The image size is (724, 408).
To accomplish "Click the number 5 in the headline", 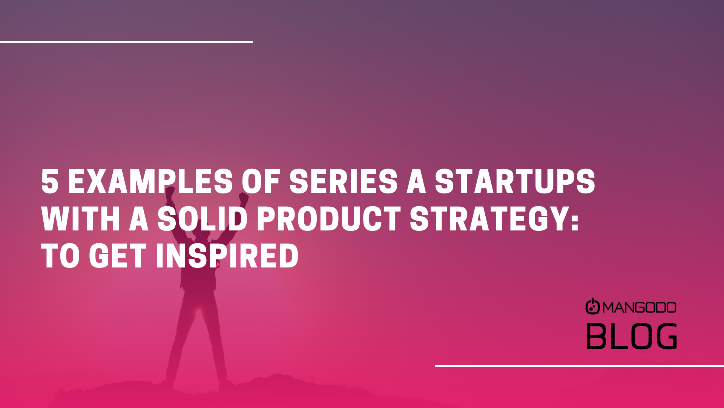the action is pos(50,182).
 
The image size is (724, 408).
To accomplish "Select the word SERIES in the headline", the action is pos(343,182).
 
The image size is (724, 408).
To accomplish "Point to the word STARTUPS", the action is pos(515,182).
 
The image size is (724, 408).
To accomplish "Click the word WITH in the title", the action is pos(81,219).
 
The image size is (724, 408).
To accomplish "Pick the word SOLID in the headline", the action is pos(202,219).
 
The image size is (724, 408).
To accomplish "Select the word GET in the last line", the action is pos(118,256).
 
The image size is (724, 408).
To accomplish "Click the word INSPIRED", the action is pos(227,256).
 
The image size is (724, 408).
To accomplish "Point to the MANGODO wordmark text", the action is pos(640,308).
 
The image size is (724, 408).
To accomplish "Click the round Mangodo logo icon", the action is pos(592,306).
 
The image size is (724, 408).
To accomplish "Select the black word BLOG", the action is pos(632,336).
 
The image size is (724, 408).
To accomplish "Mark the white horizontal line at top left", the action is pos(126,42).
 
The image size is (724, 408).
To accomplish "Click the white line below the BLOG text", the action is pos(579,366).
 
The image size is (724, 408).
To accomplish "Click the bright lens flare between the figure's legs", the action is pos(199,311).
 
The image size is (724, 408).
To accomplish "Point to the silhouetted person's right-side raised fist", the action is pos(244,199).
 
